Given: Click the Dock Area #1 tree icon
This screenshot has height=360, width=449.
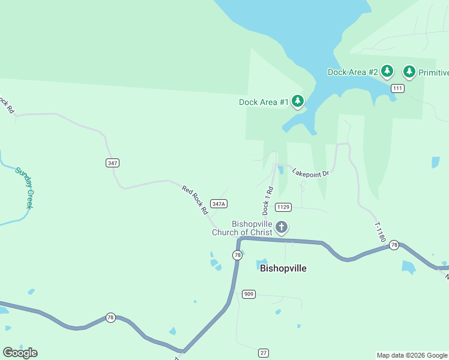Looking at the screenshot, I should [297, 102].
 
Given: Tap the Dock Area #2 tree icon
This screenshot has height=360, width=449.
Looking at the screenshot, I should [387, 72].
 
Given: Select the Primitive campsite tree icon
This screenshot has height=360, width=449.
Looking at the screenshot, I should [409, 72].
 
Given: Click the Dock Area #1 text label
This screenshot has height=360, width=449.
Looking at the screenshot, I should [264, 102].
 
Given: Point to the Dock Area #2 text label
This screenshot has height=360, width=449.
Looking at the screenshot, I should [352, 72].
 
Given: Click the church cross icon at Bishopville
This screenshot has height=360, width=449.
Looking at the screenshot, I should [282, 227].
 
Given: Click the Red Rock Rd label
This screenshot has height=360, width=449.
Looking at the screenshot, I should [194, 200].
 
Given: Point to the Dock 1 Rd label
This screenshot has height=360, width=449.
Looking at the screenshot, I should [268, 201].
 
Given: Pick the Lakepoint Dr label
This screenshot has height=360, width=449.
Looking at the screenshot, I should [311, 173].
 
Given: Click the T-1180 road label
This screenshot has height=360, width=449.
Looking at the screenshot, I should [380, 232].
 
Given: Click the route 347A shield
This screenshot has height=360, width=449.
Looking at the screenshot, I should [218, 204].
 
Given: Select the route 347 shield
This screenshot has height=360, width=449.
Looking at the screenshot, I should [112, 163].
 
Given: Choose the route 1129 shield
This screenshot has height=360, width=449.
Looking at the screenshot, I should [283, 207].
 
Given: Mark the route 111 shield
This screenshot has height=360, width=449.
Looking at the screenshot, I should [397, 88].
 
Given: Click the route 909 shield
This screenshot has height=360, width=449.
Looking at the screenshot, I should [249, 294].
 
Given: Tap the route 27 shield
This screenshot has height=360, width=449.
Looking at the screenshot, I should [264, 352].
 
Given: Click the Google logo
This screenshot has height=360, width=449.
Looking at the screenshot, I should [20, 352].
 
